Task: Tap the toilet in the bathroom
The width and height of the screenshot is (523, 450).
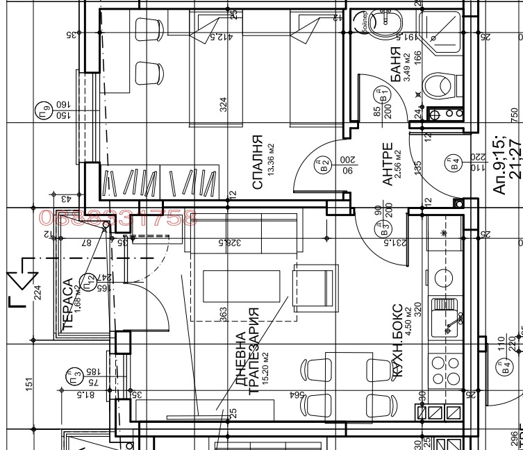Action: [439, 87]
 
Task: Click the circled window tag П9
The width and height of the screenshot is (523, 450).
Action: [43, 110]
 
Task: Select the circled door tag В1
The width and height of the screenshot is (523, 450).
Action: [381, 94]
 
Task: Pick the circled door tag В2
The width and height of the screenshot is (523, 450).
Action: [322, 165]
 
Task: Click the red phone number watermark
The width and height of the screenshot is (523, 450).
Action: [118, 218]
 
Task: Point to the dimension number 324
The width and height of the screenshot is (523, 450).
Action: [224, 105]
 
